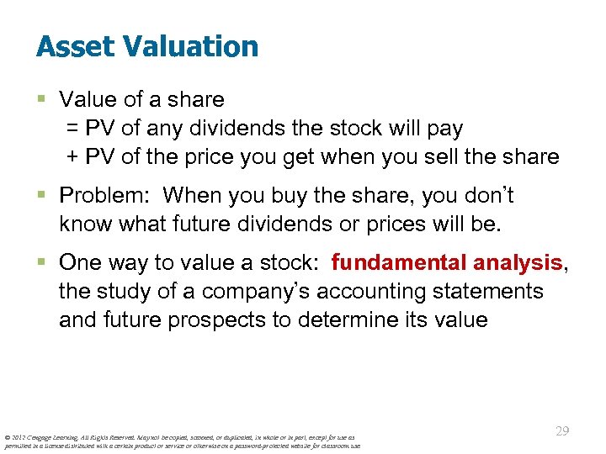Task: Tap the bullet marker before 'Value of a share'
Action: pos(42,100)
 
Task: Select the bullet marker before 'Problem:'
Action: pos(42,196)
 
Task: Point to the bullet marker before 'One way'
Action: pos(42,263)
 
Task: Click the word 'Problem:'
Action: pos(105,196)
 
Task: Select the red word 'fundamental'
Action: pos(398,263)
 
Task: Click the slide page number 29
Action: pos(562,431)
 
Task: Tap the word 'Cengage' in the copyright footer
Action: pos(41,437)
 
